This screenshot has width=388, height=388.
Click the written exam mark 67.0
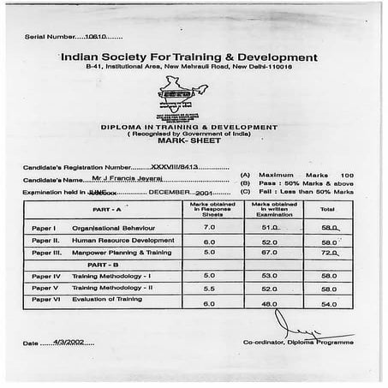click(272, 254)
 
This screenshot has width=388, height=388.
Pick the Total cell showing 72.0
click(328, 254)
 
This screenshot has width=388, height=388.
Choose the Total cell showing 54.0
click(328, 304)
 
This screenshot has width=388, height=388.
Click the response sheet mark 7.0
click(210, 228)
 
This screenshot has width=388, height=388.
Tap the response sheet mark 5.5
click(210, 289)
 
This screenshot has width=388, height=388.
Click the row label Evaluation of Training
click(107, 300)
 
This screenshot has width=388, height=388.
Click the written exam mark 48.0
click(272, 304)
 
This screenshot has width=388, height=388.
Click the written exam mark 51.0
click(272, 228)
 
